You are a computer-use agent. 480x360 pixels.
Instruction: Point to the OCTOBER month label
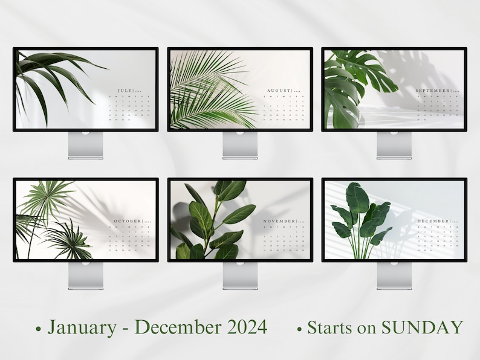click(126, 221)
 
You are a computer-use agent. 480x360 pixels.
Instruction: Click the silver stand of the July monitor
click(85, 145)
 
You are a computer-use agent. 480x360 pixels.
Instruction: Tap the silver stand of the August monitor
click(239, 145)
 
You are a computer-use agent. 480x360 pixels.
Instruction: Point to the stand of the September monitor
click(394, 145)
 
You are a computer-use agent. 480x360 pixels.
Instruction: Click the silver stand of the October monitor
click(85, 276)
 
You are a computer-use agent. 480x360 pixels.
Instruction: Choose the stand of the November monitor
click(239, 276)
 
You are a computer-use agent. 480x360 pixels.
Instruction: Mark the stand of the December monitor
click(394, 276)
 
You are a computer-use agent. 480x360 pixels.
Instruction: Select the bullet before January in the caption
click(39, 330)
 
